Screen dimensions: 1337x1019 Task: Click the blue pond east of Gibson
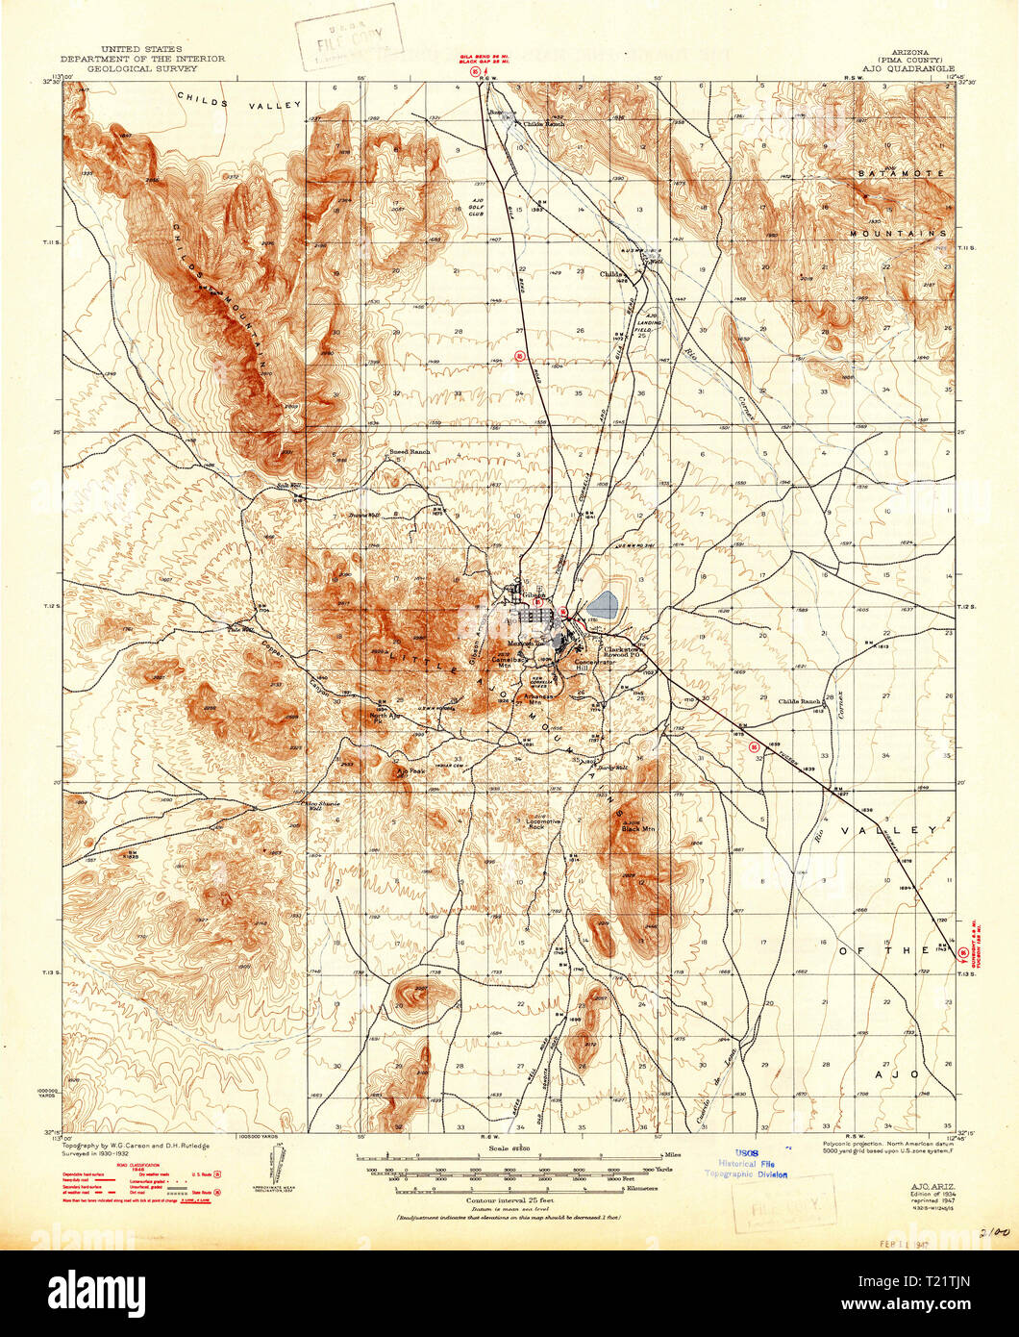pos(601,605)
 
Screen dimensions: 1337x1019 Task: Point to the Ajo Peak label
pos(410,771)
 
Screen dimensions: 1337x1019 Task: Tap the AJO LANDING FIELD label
pos(652,324)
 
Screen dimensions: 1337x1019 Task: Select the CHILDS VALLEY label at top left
pos(233,99)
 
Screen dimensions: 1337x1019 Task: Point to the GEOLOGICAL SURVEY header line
pos(143,69)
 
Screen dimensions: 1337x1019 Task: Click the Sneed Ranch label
pos(410,450)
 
